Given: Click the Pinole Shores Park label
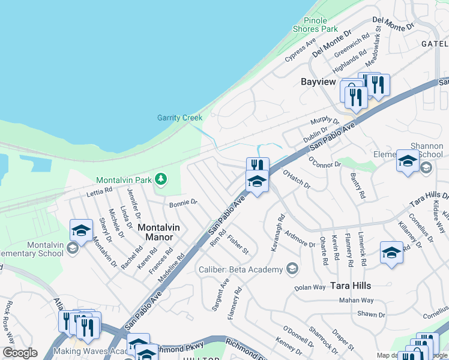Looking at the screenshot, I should [315, 24].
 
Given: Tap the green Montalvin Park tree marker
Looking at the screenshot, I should [160, 179].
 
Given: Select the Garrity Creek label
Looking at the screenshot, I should [179, 118].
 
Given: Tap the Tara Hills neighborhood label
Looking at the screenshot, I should [350, 286].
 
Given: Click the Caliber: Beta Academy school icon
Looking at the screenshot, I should [292, 269].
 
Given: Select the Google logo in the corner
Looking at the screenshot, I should [20, 353].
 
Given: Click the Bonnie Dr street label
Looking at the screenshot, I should [183, 204].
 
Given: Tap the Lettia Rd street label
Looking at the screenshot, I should [99, 191].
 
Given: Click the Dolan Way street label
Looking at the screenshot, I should [310, 288].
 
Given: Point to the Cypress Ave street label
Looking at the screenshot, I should [300, 50].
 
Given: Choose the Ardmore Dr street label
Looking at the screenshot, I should [300, 239].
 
